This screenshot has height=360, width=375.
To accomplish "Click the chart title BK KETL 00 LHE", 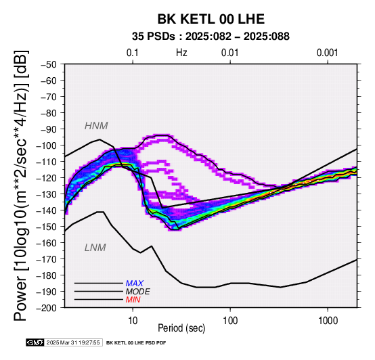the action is [x=211, y=19].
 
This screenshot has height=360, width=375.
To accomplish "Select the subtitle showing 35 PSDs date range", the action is [x=211, y=37].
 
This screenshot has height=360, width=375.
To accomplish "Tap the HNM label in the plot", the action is [x=96, y=126].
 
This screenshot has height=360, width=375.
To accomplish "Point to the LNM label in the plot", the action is [x=95, y=248].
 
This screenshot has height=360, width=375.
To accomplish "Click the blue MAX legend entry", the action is [x=135, y=284].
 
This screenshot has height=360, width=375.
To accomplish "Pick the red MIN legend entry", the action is [x=133, y=300].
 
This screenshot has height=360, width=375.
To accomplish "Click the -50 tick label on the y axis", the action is [x=48, y=64].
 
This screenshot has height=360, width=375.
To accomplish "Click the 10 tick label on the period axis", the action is [x=133, y=321].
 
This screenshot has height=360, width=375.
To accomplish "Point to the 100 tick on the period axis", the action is [x=230, y=321].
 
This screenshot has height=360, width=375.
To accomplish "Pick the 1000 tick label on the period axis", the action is [x=328, y=321].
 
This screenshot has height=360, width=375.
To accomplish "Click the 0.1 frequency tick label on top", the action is [x=133, y=53].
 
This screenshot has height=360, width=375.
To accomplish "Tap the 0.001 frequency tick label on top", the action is [x=328, y=53].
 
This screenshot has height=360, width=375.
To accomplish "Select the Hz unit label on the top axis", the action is [x=181, y=53].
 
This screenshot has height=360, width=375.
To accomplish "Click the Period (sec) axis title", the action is [x=181, y=328].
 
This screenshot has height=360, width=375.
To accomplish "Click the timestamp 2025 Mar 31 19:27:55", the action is [x=73, y=343].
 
